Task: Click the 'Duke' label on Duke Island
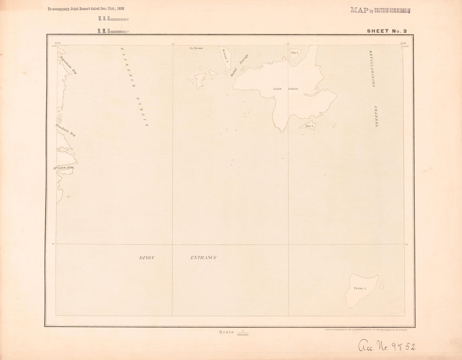coord(277,89)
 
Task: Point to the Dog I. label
coord(294,52)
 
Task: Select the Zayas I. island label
coord(360,288)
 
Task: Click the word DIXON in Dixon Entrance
coord(147,258)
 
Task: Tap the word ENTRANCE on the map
coord(203,258)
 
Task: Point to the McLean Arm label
coord(63,168)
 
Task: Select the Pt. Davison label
coord(196,49)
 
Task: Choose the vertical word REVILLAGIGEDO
coord(371,68)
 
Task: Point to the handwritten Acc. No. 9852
coord(387,346)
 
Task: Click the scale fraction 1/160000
coord(242,333)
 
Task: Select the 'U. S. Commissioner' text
coord(113,19)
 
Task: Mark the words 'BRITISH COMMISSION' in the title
coord(392,10)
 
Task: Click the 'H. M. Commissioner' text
coord(113,31)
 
